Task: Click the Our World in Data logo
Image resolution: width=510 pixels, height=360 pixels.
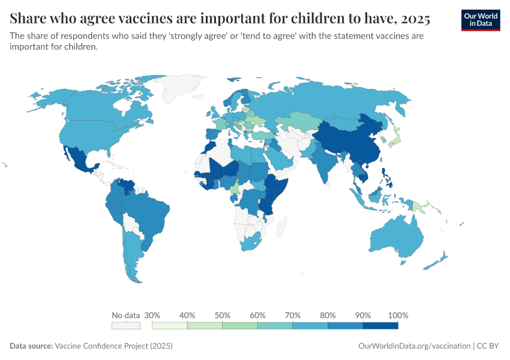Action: click(481, 20)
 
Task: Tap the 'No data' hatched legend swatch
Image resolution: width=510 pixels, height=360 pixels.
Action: click(125, 326)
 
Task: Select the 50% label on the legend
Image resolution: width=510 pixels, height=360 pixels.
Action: click(223, 315)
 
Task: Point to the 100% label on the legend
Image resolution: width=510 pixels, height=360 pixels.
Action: click(398, 315)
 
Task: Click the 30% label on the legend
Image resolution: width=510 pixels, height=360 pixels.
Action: click(152, 315)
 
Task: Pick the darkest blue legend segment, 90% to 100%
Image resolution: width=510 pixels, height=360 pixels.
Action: click(380, 326)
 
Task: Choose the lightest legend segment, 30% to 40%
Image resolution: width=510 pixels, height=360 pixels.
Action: click(170, 326)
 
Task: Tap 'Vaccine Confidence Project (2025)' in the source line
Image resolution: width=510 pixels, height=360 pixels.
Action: click(113, 346)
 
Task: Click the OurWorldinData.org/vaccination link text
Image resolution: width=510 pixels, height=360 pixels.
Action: click(413, 346)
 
